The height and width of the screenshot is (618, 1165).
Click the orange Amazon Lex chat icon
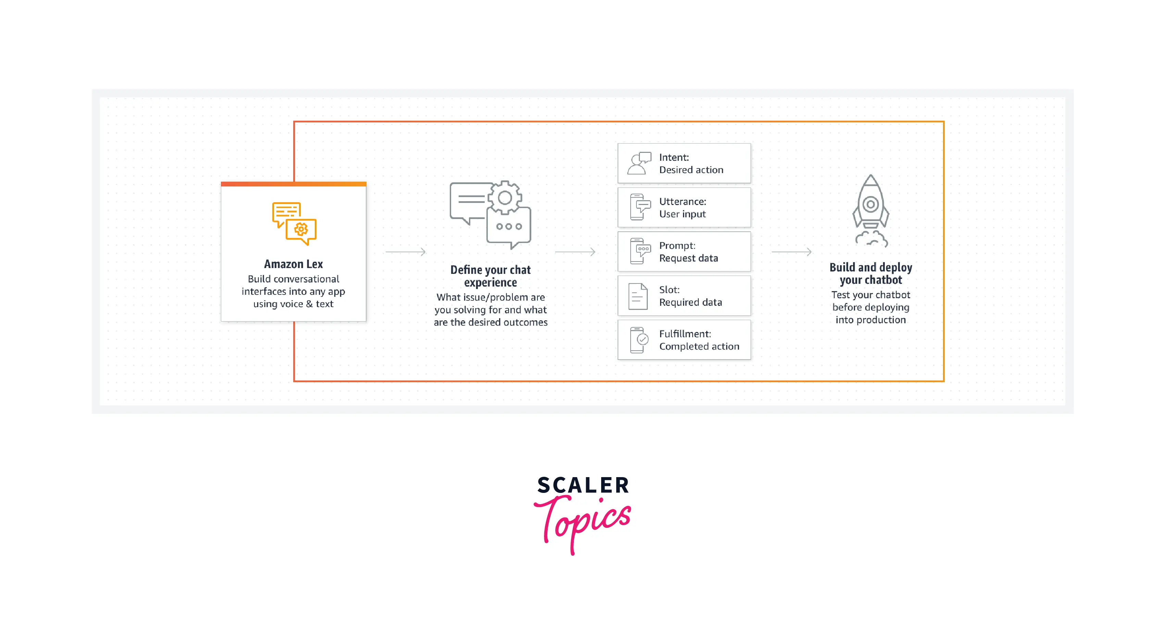tap(294, 223)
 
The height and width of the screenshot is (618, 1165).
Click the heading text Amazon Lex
tap(293, 264)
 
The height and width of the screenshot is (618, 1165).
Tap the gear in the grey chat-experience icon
tap(505, 198)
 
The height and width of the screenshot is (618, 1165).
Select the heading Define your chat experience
tap(490, 276)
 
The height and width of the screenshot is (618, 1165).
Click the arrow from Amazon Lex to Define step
tap(405, 252)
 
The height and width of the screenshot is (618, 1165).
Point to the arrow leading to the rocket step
tap(791, 252)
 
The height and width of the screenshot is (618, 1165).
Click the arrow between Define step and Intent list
tap(575, 252)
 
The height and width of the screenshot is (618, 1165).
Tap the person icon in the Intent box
tap(639, 163)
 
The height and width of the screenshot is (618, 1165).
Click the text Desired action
tap(691, 170)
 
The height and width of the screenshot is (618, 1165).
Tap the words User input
tap(682, 214)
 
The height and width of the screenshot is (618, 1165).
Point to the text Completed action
tap(699, 347)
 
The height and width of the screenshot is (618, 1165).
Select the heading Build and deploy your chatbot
tap(871, 274)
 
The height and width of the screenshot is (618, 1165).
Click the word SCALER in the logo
tap(583, 485)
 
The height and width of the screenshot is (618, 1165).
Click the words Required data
tap(690, 302)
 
